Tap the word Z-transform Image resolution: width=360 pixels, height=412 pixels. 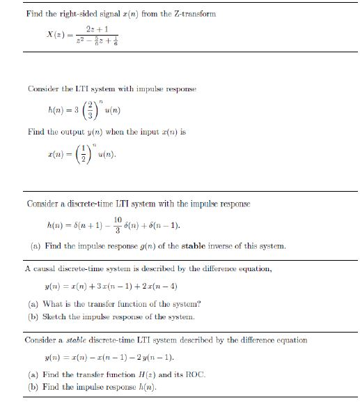point(195,13)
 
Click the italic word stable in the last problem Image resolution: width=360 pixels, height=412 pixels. point(89,340)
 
